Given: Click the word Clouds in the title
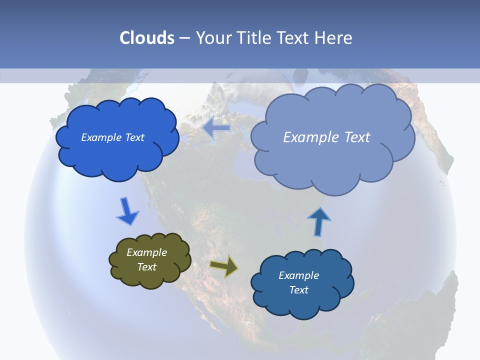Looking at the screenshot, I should click(x=147, y=38).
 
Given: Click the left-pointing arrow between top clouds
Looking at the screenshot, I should click(x=216, y=128).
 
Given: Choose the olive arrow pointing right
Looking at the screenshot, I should click(x=224, y=266).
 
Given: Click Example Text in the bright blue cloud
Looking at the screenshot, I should click(x=112, y=137).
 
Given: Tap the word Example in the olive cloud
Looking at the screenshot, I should click(x=146, y=252).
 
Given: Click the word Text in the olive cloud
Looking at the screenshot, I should click(x=147, y=267).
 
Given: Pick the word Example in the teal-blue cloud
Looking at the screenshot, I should click(x=298, y=275).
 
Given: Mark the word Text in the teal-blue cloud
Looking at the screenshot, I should click(x=298, y=290).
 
